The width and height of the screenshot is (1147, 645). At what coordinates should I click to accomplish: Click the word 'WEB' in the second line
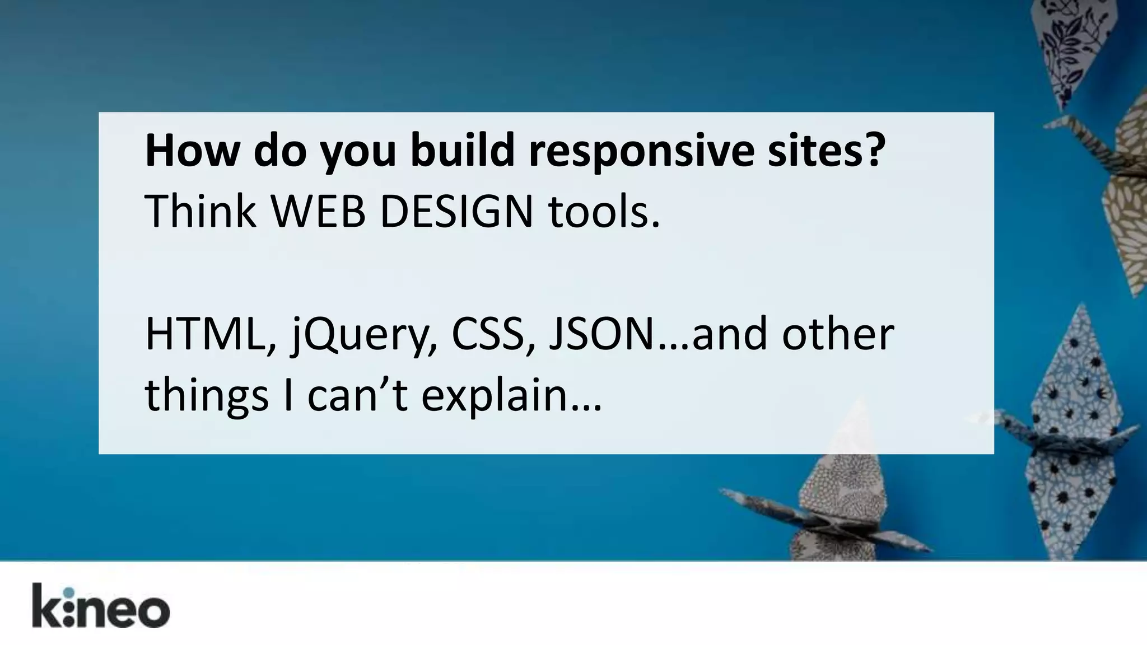318,212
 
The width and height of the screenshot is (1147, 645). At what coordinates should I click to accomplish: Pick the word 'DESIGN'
457,212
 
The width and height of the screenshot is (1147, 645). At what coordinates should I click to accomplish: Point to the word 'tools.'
604,212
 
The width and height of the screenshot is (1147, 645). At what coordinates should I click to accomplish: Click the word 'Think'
200,212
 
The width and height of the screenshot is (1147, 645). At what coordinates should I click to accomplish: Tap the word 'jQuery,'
364,336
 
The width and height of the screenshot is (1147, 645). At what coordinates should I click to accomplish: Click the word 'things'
207,396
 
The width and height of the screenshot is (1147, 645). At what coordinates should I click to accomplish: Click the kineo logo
101,606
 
